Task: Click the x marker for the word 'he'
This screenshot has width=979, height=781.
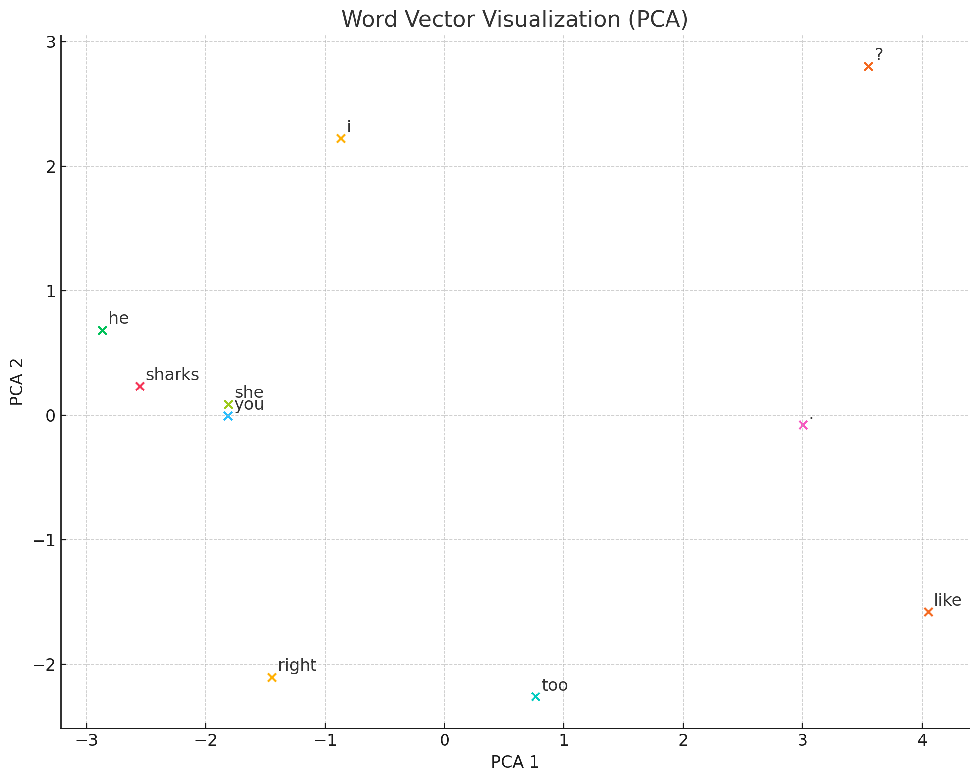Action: coord(103,330)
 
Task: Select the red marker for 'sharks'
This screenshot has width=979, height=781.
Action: coord(140,386)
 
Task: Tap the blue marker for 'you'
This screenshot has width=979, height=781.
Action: coord(228,416)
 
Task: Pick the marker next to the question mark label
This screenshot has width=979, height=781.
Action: coord(868,66)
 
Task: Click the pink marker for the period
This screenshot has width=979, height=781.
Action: coord(803,425)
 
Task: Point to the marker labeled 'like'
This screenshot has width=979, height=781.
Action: coord(928,612)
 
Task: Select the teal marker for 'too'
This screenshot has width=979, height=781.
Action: coord(535,696)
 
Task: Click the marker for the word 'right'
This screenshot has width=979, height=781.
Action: coord(272,677)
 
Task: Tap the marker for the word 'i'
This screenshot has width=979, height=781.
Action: coord(341,138)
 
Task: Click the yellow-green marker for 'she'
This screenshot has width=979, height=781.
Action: coord(228,404)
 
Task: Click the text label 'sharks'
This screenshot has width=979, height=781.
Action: coord(173,375)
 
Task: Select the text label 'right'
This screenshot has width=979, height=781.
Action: coord(297,665)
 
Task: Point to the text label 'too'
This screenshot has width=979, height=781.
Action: coord(555,685)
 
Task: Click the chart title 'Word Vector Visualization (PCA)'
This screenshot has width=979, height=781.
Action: coord(515,20)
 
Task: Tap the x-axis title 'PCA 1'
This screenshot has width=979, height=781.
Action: coord(515,762)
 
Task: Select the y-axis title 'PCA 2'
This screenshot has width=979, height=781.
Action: coord(17,382)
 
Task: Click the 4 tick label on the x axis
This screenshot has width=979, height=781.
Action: coord(922,740)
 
